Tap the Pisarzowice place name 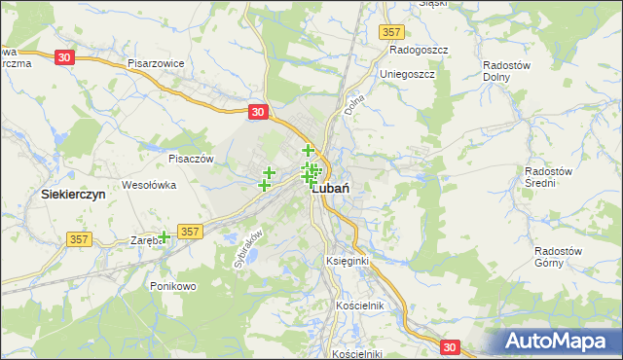(x=156, y=62)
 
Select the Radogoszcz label (x=417, y=49)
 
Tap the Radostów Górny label (x=559, y=256)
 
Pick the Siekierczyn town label (x=73, y=194)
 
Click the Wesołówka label (x=148, y=184)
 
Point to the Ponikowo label (x=174, y=286)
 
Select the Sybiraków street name (x=249, y=249)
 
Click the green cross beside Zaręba (x=165, y=236)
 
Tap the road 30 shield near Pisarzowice (x=64, y=57)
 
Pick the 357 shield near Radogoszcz (x=391, y=32)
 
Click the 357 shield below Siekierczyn (x=81, y=238)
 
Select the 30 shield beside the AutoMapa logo (x=449, y=345)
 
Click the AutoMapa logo (x=557, y=341)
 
